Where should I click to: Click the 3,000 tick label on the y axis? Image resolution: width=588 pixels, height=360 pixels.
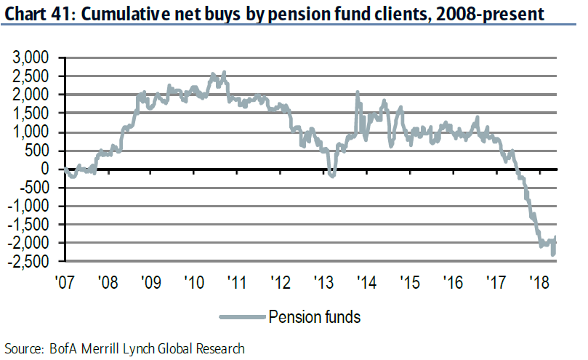tap(32, 57)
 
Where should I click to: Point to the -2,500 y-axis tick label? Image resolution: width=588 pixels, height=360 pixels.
tap(29, 260)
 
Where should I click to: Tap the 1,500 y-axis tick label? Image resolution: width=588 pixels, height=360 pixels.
tap(32, 113)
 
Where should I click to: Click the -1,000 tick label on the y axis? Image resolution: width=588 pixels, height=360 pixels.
tap(29, 205)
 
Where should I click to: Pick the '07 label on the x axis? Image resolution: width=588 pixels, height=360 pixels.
tap(65, 280)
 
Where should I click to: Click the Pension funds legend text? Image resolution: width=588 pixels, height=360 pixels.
tap(314, 316)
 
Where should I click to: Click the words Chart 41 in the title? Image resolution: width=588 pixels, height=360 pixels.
tap(36, 12)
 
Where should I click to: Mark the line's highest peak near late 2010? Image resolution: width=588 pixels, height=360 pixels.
tap(223, 72)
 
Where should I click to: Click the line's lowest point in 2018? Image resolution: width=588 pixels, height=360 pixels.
tap(554, 254)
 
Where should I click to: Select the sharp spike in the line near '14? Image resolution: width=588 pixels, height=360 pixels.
tap(358, 92)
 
